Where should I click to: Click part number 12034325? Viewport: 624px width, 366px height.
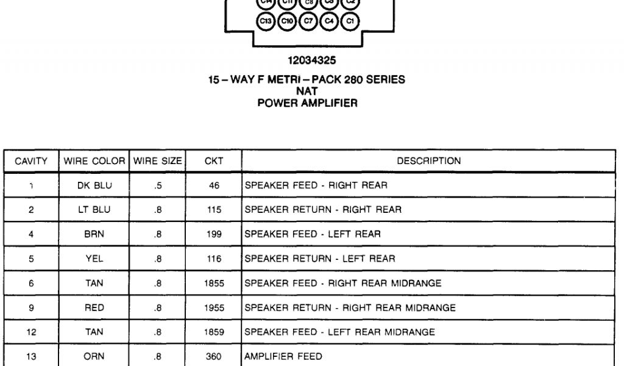click(311, 60)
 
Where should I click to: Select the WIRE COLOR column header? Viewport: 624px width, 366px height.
click(94, 162)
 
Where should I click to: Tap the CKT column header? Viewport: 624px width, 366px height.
click(214, 162)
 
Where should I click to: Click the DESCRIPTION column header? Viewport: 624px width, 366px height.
click(428, 162)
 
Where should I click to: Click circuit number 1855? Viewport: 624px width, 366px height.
click(214, 284)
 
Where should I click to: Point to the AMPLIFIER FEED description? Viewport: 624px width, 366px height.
click(275, 357)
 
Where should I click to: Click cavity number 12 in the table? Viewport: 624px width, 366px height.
click(31, 332)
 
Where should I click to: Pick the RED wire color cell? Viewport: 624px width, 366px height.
click(94, 308)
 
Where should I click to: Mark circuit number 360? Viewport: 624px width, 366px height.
click(214, 357)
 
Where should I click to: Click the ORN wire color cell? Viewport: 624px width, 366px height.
click(94, 357)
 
